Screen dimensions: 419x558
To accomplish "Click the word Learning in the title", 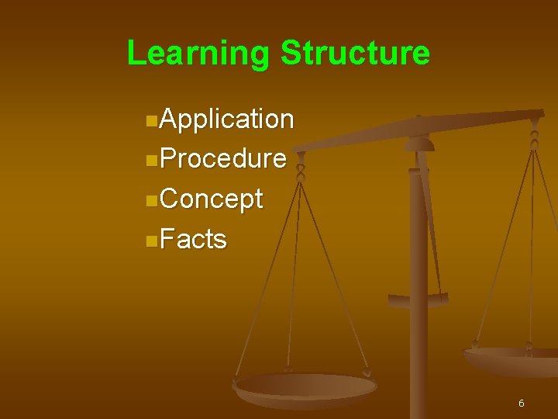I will click(x=198, y=54).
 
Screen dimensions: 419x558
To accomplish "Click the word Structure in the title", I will click(x=354, y=54).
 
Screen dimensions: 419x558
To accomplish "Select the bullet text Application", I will click(x=228, y=119).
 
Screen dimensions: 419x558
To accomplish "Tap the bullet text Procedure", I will click(x=224, y=159).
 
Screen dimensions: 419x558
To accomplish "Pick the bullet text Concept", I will click(x=212, y=199).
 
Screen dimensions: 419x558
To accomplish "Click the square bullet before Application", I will click(x=150, y=121).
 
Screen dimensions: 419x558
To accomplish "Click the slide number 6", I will click(x=521, y=403).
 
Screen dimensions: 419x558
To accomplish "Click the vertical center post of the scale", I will click(x=418, y=310).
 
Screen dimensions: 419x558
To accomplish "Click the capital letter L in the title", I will click(x=136, y=54).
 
